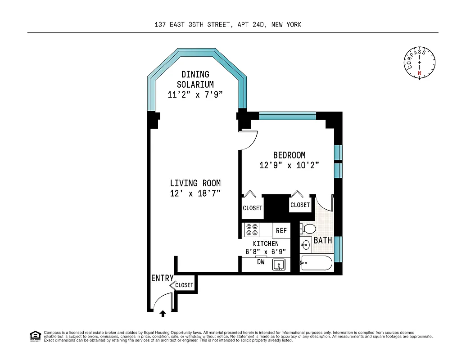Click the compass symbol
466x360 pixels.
tap(420, 63)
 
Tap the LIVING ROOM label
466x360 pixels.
tap(195, 183)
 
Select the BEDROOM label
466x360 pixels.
tap(289, 155)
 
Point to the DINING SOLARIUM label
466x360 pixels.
tap(195, 79)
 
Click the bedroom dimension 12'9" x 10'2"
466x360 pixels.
tap(289, 165)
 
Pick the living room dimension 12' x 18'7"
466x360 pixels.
tap(195, 193)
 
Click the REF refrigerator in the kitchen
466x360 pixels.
tap(281, 230)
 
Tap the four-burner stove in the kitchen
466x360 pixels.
tap(252, 230)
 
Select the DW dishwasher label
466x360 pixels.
tap(261, 261)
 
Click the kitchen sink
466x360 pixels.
tap(279, 265)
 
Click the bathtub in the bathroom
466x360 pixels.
tap(317, 263)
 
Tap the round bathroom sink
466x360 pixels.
tap(306, 245)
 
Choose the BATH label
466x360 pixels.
tap(323, 240)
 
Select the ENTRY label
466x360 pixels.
tap(162, 279)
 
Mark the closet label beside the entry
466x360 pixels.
tap(184, 285)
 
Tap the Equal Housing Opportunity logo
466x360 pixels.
tap(35, 336)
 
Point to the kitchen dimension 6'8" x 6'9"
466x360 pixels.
tap(265, 252)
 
